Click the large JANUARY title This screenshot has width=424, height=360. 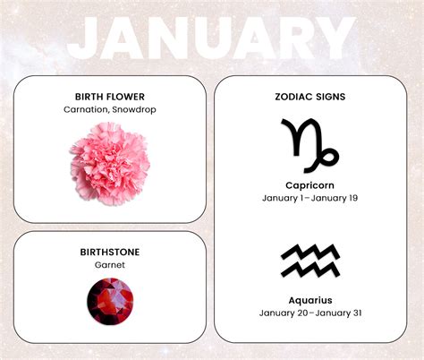tap(212, 39)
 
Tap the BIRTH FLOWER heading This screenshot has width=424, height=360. tap(110, 97)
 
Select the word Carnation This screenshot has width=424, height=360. tap(87, 110)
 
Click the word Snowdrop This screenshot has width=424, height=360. tap(135, 110)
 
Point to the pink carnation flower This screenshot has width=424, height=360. tap(109, 163)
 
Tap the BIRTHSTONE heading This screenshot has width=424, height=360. tap(110, 253)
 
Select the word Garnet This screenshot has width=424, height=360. tap(110, 266)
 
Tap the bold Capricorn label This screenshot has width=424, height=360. tap(310, 184)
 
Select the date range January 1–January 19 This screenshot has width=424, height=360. tap(310, 198)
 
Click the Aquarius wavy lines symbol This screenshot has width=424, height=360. tap(310, 260)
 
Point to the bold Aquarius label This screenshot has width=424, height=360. tap(310, 300)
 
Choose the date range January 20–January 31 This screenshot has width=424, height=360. tap(310, 313)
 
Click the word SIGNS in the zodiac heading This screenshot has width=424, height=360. tap(331, 97)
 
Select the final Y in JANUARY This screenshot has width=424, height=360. tap(336, 39)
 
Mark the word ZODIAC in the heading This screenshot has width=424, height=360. tap(292, 97)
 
